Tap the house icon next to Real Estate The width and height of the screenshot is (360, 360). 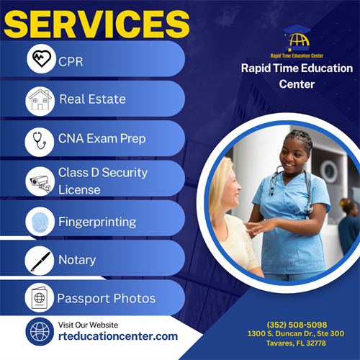(40, 99)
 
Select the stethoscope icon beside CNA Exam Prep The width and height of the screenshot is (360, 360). (40, 140)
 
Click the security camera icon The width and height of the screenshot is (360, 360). (40, 180)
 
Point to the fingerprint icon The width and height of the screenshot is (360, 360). (40, 221)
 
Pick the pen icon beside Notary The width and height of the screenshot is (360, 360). (40, 260)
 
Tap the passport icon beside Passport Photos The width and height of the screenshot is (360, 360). (40, 297)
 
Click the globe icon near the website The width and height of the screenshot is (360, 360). (40, 331)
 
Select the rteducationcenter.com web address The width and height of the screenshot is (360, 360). (117, 336)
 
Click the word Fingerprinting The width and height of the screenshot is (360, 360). (97, 222)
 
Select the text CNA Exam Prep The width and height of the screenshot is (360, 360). (102, 140)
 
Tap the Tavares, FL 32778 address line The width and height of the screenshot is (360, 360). (296, 343)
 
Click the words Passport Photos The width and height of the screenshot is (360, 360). (106, 298)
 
